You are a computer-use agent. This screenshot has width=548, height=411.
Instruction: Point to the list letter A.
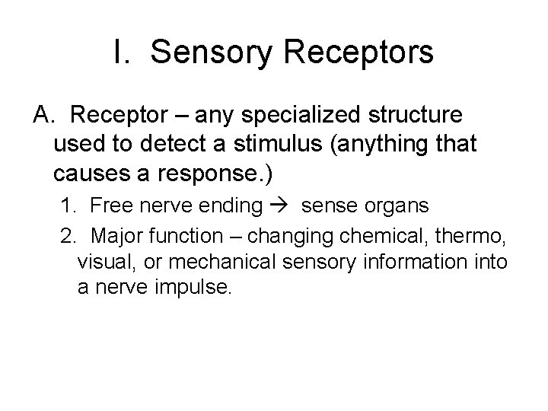point(43,115)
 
